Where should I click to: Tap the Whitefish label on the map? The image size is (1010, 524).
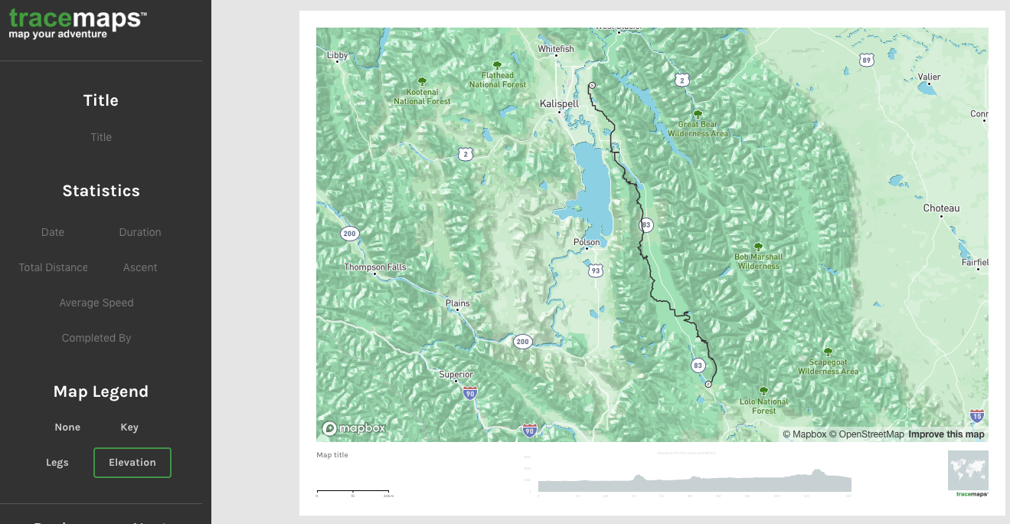click(555, 49)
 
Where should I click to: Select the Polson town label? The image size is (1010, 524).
click(587, 242)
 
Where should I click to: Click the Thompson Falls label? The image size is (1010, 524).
click(375, 267)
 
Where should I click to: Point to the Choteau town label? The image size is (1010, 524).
click(941, 208)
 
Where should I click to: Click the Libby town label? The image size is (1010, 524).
click(337, 55)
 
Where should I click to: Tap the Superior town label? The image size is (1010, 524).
click(456, 375)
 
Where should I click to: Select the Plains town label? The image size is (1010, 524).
click(457, 303)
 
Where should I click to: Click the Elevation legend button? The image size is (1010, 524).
click(132, 463)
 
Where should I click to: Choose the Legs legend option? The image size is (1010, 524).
click(57, 463)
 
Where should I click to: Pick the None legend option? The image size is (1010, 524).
click(67, 427)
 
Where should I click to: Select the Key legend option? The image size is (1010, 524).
click(129, 427)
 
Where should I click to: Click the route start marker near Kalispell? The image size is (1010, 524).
click(592, 85)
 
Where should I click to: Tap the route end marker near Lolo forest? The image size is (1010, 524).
click(708, 385)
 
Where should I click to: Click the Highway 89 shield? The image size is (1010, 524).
click(866, 60)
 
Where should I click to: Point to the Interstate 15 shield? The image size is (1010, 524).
click(976, 416)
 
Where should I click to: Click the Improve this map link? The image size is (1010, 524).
click(946, 434)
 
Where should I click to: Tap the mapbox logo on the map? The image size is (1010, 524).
click(354, 428)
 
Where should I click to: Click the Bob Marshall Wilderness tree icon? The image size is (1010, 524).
click(758, 247)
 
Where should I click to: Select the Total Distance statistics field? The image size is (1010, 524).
click(54, 267)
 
